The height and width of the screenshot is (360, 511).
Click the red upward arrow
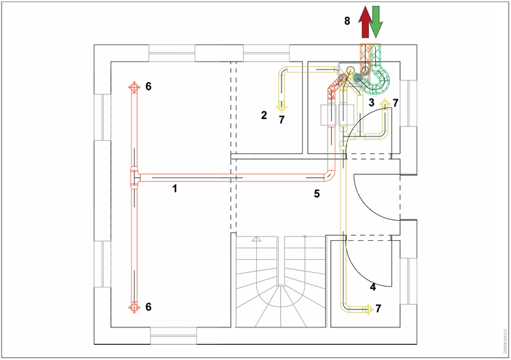(x=364, y=22)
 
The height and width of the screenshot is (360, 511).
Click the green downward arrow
(x=376, y=22)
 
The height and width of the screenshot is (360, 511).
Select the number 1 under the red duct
(x=174, y=188)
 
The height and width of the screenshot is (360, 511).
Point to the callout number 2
(x=265, y=114)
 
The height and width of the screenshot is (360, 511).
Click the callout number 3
(x=371, y=103)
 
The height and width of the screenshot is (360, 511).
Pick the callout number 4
(x=372, y=287)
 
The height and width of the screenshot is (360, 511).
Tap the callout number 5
(x=316, y=194)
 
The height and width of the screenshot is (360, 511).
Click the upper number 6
(x=149, y=86)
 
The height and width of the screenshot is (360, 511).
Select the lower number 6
(x=149, y=307)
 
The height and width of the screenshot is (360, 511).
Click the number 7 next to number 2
(x=282, y=119)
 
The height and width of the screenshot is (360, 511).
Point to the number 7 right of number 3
(x=395, y=103)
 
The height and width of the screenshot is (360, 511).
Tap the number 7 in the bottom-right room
(x=378, y=308)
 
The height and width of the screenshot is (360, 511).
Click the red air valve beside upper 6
(x=134, y=87)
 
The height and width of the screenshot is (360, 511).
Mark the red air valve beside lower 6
(x=134, y=307)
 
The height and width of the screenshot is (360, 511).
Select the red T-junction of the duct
(x=134, y=177)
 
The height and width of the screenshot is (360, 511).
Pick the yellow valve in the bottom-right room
(x=367, y=309)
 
